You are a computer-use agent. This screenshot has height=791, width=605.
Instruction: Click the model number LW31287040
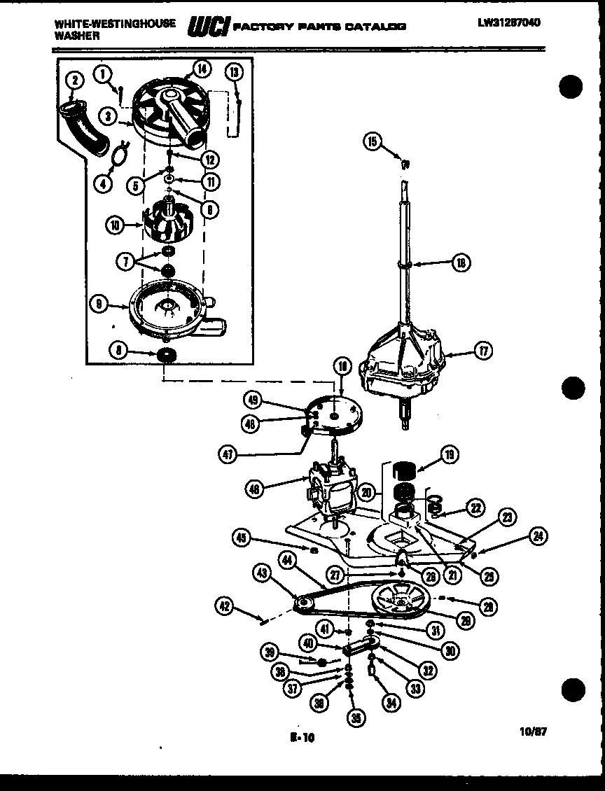(x=509, y=23)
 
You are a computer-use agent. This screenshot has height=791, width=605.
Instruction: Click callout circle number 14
(x=201, y=69)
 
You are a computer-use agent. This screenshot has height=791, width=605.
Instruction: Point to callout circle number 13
(x=234, y=72)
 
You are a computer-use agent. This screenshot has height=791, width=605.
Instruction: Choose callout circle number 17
(x=484, y=352)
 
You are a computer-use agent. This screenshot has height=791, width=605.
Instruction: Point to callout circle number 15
(x=372, y=141)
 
